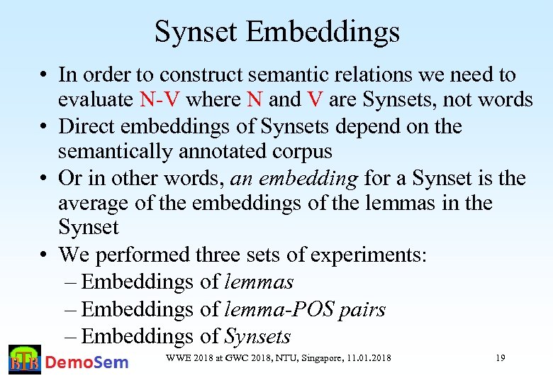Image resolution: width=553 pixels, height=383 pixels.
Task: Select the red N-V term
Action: click(161, 100)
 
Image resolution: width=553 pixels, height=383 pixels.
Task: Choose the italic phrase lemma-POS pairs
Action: click(305, 309)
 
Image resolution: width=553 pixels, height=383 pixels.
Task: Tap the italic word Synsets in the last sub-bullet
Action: click(257, 336)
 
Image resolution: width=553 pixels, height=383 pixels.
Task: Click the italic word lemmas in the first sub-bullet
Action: click(259, 282)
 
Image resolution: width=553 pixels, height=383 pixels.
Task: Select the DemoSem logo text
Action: click(86, 362)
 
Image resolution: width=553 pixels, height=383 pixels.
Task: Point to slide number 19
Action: click(500, 358)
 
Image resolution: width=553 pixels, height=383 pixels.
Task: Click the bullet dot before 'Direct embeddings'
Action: click(44, 127)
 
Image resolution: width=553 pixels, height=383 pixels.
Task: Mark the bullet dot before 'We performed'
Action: click(44, 255)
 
